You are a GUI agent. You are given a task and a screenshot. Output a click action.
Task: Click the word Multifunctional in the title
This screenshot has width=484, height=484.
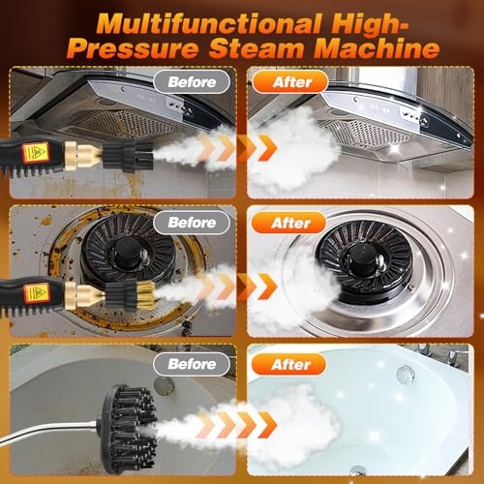click(208, 24)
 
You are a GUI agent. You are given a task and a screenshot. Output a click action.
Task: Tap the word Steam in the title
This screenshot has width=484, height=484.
click(257, 48)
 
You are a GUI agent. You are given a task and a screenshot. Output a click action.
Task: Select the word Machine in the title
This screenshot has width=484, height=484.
click(377, 48)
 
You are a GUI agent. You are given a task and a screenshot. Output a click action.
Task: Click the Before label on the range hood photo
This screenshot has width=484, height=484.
click(192, 82)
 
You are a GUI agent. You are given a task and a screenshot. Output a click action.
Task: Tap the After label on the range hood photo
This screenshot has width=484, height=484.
click(290, 82)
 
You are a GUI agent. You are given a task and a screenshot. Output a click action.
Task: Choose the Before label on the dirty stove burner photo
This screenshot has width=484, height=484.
click(192, 223)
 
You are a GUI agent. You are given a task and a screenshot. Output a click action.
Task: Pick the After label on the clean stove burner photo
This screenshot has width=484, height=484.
click(289, 223)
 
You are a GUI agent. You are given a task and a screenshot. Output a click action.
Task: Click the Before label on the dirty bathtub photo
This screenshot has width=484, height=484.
click(192, 364)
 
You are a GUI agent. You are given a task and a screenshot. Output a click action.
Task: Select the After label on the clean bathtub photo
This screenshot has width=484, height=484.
click(289, 365)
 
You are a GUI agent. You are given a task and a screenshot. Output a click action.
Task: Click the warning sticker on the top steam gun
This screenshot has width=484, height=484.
click(35, 152)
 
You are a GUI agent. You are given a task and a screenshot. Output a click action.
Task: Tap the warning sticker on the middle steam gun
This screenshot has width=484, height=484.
click(36, 293)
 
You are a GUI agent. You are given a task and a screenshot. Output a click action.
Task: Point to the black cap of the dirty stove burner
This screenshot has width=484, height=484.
click(128, 251)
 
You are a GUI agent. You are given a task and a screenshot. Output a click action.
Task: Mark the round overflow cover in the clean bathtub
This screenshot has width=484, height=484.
click(405, 376)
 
